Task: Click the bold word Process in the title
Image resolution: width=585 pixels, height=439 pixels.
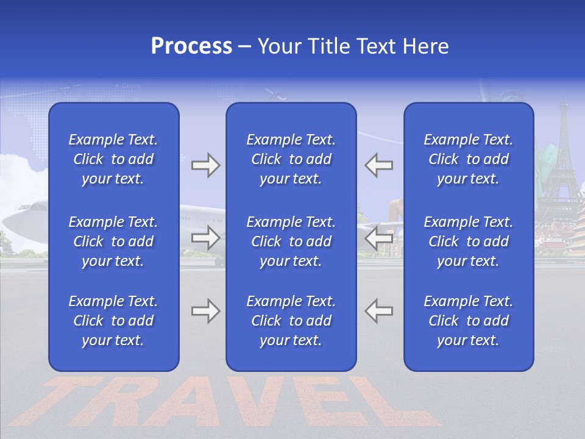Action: coord(191,46)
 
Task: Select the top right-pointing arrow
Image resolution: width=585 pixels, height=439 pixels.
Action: coord(205,165)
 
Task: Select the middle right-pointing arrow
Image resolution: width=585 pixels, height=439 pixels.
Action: coord(205,238)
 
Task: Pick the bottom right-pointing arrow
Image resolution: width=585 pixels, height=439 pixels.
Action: coord(205,311)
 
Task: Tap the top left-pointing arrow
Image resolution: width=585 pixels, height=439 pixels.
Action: coord(379,165)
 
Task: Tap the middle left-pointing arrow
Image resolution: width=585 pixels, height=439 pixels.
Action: coord(379,238)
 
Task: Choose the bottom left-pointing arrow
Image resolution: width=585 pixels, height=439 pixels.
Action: coord(379,311)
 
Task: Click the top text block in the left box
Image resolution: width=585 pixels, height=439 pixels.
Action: coord(113,159)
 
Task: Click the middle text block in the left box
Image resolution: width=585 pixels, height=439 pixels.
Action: coord(113,241)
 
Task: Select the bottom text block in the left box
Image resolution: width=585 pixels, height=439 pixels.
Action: coord(113,321)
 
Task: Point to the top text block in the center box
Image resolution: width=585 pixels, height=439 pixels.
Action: coord(291,159)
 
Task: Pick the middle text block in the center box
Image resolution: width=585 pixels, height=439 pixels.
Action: coord(291,241)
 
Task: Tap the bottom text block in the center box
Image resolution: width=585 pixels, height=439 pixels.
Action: coord(291,321)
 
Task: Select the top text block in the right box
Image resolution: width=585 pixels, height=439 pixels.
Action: coord(469,159)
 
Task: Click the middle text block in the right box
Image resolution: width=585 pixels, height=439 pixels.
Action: coord(469,241)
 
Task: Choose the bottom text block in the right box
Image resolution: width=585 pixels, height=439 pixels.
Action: coord(469,321)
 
